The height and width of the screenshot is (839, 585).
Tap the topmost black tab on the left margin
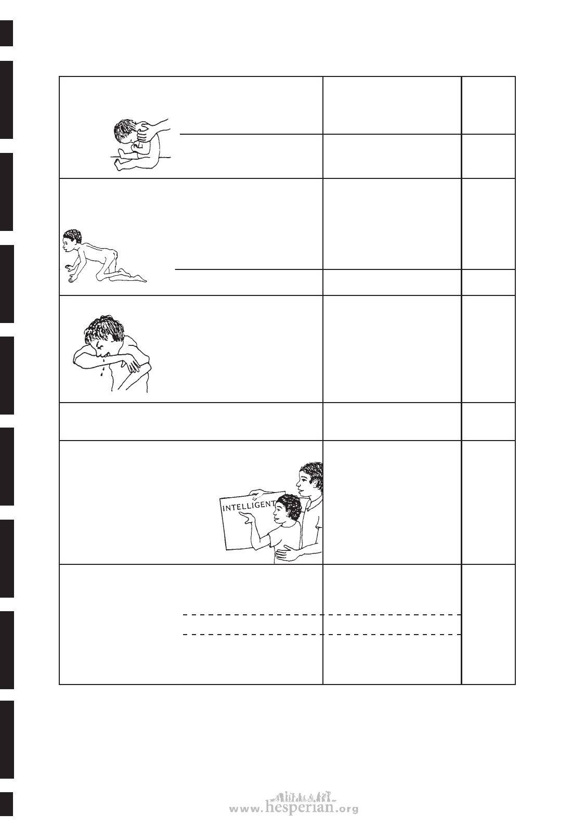[6, 33]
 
